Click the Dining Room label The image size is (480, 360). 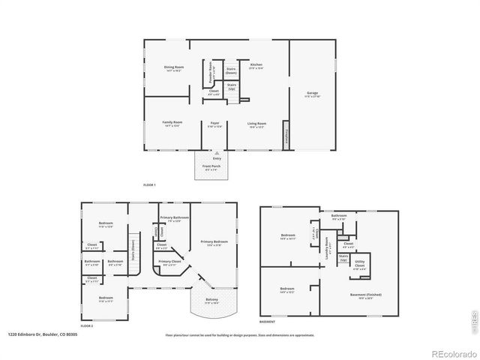[x=174, y=68]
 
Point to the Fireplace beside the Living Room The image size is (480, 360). [x=286, y=138]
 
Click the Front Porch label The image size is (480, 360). [x=211, y=167]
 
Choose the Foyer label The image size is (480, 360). [x=214, y=124]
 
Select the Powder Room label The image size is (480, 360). [x=211, y=71]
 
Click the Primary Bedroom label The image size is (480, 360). [x=214, y=242]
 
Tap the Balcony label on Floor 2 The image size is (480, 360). [x=211, y=301]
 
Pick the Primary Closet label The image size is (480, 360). [x=169, y=262]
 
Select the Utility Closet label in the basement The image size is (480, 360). [x=360, y=265]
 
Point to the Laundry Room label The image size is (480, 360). [x=327, y=250]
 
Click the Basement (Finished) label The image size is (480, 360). [x=366, y=295]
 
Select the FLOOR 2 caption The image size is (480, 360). [x=87, y=326]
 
